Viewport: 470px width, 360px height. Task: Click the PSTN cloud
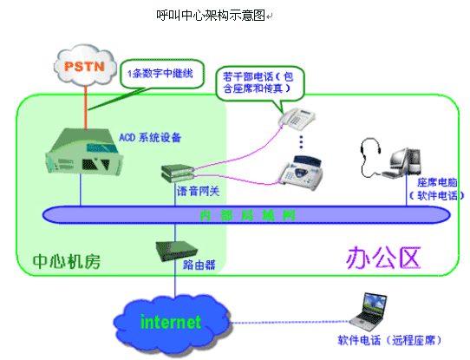click(x=85, y=65)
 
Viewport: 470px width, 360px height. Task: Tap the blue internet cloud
click(x=172, y=323)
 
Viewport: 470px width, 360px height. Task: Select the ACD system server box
click(x=84, y=151)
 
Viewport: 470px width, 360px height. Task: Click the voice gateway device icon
click(x=178, y=173)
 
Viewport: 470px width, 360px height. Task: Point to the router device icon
click(x=176, y=252)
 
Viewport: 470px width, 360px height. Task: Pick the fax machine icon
click(x=301, y=172)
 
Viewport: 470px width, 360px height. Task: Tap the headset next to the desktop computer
click(x=370, y=157)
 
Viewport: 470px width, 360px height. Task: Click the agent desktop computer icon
click(x=403, y=163)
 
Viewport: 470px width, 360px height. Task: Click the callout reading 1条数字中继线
click(x=162, y=74)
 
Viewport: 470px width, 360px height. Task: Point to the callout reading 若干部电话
click(x=259, y=83)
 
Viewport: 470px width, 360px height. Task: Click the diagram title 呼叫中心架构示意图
click(x=211, y=16)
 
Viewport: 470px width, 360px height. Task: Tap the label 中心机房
click(x=67, y=261)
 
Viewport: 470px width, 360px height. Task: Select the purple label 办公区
click(x=383, y=258)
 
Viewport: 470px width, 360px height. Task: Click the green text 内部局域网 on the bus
click(x=248, y=215)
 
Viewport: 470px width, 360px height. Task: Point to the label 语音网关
click(x=198, y=191)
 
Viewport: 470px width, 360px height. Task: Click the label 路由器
click(x=199, y=265)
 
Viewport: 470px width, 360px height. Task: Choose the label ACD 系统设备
click(x=150, y=138)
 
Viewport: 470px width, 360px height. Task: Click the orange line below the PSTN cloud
click(x=86, y=108)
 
